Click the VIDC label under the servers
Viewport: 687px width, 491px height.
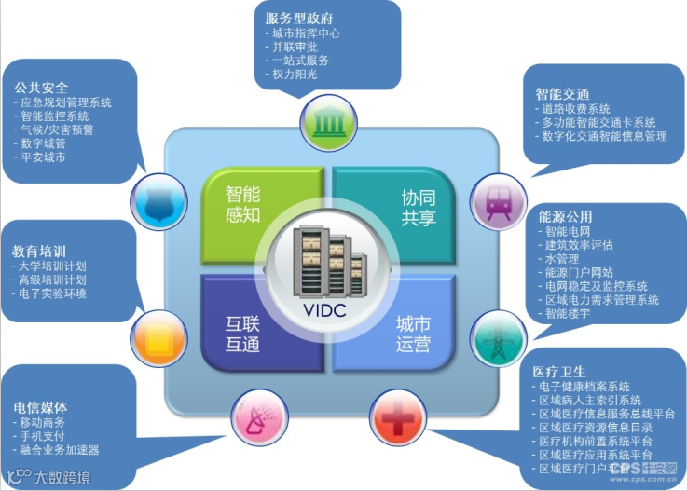tap(324, 310)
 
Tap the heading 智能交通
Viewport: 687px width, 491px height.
tap(562, 94)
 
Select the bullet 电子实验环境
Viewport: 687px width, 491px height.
tap(52, 293)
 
